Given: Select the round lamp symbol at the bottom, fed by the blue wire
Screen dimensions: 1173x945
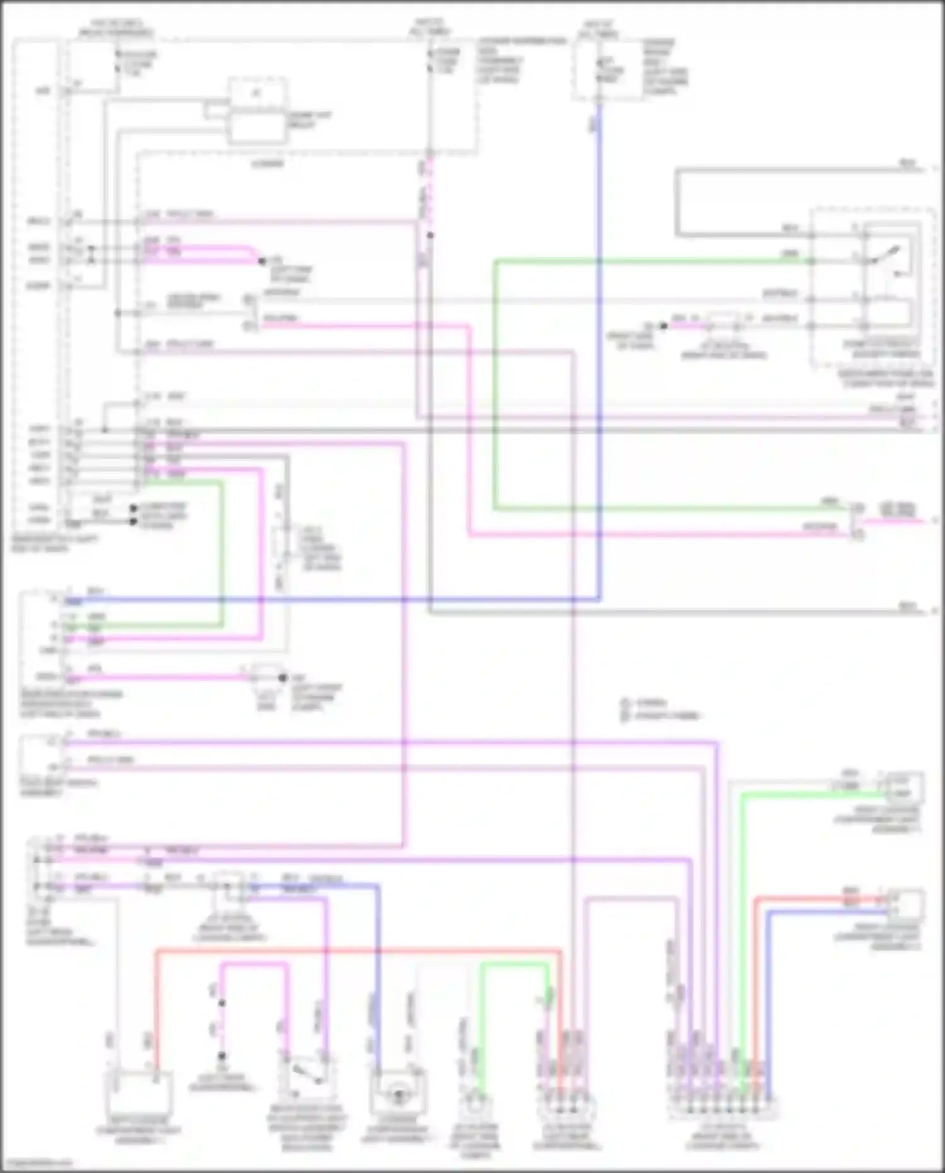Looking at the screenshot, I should pyautogui.click(x=398, y=1095).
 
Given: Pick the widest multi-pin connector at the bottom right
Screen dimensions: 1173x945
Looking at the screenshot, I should pyautogui.click(x=723, y=1107).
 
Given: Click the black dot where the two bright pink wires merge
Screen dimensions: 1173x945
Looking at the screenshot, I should pyautogui.click(x=262, y=261).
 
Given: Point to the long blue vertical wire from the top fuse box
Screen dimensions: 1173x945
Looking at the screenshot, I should pyautogui.click(x=599, y=353).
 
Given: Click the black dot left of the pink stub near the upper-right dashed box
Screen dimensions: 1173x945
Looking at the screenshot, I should pyautogui.click(x=663, y=326).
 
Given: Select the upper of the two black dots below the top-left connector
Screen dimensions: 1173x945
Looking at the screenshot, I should pyautogui.click(x=134, y=508).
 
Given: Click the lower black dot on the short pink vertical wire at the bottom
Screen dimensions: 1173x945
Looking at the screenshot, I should pyautogui.click(x=222, y=1056).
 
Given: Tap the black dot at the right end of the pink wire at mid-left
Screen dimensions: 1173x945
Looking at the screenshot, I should pyautogui.click(x=282, y=678).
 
